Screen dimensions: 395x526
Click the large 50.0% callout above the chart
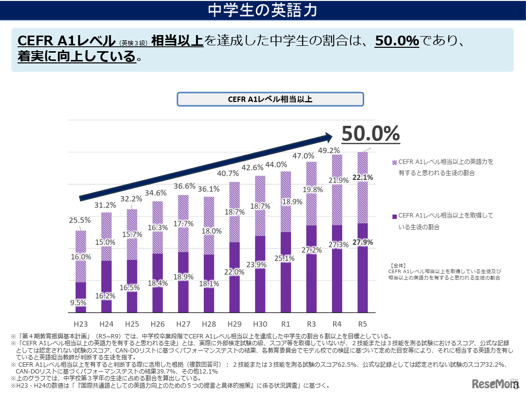coord(370,133)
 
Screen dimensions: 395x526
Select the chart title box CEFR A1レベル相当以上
coord(270,99)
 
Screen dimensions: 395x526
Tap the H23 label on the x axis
coord(80,323)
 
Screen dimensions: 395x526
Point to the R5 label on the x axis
coord(362,323)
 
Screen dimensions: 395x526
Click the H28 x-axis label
coord(209,323)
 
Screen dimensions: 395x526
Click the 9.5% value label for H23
coord(78,302)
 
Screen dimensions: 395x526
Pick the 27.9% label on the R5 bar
coord(362,242)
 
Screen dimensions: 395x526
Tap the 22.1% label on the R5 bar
coord(362,178)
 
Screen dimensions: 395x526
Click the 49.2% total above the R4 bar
coord(337,150)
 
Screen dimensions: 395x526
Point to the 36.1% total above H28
coord(209,189)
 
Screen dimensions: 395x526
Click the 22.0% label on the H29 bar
coord(234,272)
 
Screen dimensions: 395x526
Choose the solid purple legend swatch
coord(394,216)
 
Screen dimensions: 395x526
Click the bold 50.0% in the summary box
coord(397,41)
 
